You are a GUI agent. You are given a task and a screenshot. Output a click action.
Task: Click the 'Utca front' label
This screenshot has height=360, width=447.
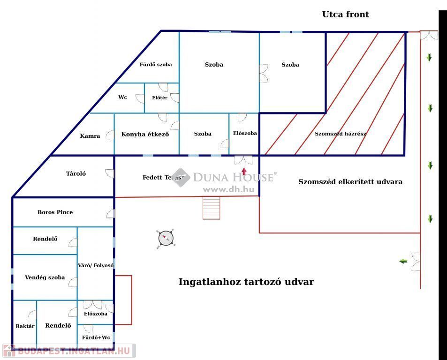click(345, 15)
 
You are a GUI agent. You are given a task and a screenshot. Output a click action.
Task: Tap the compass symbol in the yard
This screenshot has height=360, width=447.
click(166, 238)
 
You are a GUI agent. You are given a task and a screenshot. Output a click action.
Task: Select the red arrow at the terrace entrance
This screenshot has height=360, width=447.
click(244, 171)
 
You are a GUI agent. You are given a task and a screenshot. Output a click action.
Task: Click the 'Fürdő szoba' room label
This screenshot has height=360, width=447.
click(156, 65)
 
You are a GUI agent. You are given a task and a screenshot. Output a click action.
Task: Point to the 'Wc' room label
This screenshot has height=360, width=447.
click(122, 97)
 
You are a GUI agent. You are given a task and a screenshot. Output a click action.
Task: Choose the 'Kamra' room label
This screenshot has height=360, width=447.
click(90, 136)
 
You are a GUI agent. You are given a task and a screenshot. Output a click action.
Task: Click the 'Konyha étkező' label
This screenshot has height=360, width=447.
click(145, 135)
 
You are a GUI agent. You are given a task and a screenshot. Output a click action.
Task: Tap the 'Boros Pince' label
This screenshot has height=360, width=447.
click(55, 212)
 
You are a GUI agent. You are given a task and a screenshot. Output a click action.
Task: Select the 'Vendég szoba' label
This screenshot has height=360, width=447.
click(45, 277)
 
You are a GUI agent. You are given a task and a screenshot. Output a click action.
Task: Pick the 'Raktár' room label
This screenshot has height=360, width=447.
click(25, 326)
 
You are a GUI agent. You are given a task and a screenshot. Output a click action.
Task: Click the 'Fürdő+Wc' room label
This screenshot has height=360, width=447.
click(96, 337)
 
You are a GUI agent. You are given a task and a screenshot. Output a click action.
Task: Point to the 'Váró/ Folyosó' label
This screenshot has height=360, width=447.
click(96, 265)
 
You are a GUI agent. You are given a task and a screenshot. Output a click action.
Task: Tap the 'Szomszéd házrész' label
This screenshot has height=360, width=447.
click(341, 134)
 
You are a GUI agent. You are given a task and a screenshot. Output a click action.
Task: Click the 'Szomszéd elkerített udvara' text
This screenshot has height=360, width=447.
click(350, 182)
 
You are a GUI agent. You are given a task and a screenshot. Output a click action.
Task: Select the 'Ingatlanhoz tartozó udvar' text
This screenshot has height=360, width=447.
click(246, 282)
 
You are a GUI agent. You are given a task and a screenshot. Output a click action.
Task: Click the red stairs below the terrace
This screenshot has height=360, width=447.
click(211, 208)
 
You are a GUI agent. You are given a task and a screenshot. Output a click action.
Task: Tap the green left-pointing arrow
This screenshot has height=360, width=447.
click(403, 261)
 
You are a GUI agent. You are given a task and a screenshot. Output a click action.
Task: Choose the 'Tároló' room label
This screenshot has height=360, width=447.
click(76, 174)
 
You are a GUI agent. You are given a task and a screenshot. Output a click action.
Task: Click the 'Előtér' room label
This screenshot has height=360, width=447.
click(159, 98)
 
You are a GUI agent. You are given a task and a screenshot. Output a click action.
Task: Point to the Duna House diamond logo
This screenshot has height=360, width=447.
click(181, 177)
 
